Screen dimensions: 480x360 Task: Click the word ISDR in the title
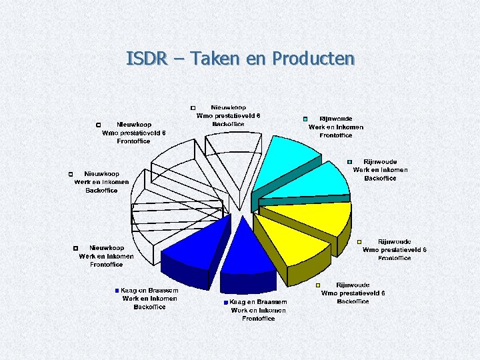pyautogui.click(x=145, y=59)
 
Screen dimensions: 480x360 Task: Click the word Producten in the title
pyautogui.click(x=313, y=59)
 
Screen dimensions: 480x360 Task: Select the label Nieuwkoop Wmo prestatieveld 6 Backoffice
pyautogui.click(x=228, y=115)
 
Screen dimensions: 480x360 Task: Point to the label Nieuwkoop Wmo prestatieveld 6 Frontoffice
pyautogui.click(x=133, y=133)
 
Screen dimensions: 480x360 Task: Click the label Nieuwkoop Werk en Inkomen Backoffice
pyautogui.click(x=101, y=182)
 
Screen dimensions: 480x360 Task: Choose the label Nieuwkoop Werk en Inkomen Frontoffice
pyautogui.click(x=107, y=256)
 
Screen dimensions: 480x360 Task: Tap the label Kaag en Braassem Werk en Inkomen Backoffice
pyautogui.click(x=149, y=299)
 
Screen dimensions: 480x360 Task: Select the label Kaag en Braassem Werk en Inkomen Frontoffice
pyautogui.click(x=259, y=310)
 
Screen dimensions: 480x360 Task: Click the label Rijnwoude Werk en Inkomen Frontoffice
pyautogui.click(x=336, y=127)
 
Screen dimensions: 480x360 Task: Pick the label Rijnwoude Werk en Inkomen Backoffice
pyautogui.click(x=380, y=170)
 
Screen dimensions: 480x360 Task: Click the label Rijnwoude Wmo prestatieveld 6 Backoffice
pyautogui.click(x=353, y=293)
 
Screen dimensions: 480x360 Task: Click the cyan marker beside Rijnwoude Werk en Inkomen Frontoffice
pyautogui.click(x=305, y=119)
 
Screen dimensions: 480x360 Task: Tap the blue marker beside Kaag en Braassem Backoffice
pyautogui.click(x=117, y=291)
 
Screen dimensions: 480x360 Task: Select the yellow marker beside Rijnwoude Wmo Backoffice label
pyautogui.click(x=318, y=285)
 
